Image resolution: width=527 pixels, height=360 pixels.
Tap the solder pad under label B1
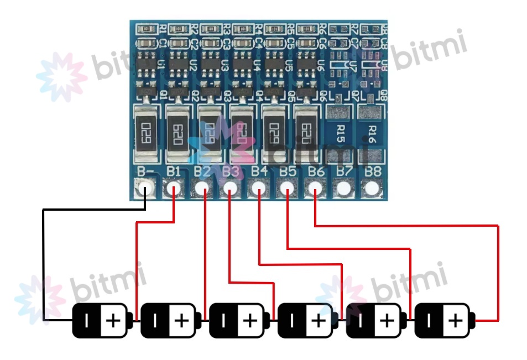tap(174, 189)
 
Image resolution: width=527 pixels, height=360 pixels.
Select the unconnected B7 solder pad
tap(344, 189)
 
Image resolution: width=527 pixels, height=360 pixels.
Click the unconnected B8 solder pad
tap(372, 189)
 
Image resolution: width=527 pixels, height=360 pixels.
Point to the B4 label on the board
tap(259, 171)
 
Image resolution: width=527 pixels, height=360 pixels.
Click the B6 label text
tap(316, 171)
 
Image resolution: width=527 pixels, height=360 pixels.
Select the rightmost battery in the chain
tap(445, 320)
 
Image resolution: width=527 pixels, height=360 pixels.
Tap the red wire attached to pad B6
tap(406, 226)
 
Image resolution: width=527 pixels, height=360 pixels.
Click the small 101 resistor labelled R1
tap(148, 28)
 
